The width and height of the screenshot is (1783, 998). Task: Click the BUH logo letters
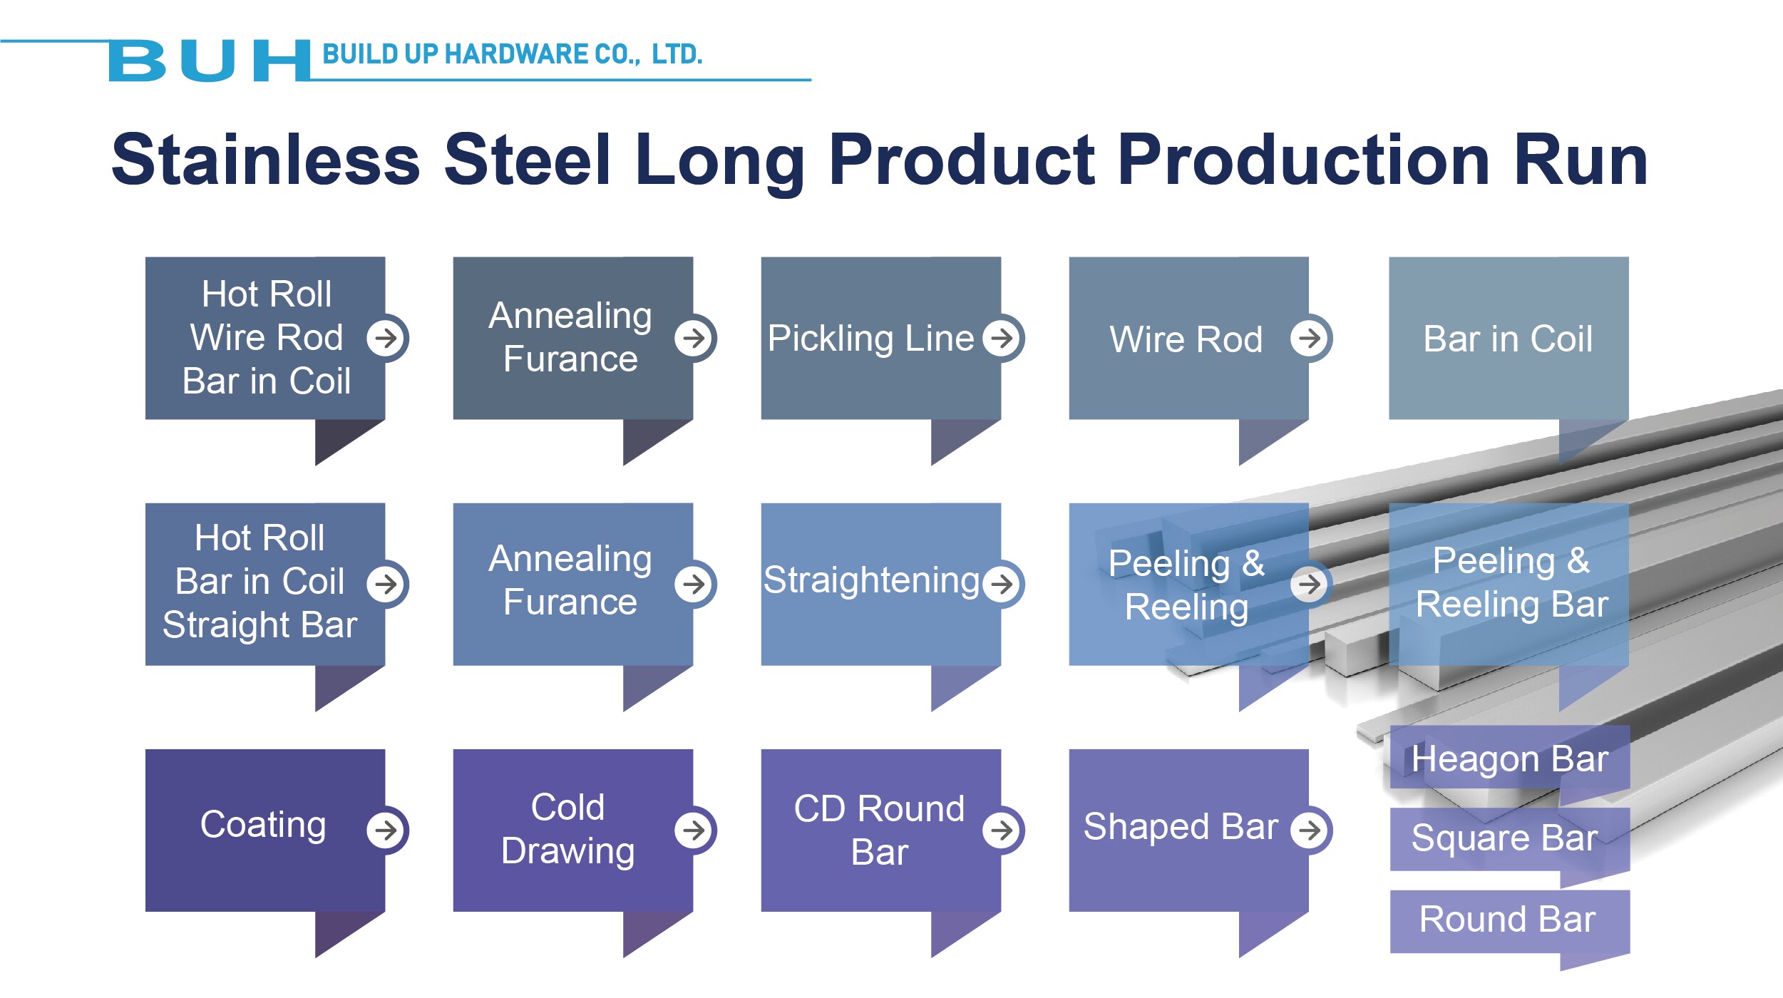point(209,61)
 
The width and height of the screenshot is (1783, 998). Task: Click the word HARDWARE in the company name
point(516,54)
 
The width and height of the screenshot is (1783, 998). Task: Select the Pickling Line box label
point(870,338)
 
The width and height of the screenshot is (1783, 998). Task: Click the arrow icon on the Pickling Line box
point(1002,338)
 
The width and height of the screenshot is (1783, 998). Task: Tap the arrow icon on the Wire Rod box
point(1310,338)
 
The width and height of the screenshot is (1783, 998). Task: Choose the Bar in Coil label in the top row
point(1508,339)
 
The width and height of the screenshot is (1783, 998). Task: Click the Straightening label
point(871,580)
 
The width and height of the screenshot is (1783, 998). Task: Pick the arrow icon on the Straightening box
point(1002,584)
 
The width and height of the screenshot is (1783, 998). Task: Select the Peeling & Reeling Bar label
point(1512,582)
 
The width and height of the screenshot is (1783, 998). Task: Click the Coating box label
point(263,825)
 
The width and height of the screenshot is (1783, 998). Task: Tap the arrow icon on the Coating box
point(386,830)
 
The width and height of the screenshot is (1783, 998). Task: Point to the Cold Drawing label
point(568,830)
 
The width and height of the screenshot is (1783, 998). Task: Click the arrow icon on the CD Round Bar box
point(1002,830)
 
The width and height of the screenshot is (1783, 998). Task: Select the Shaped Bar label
point(1181,827)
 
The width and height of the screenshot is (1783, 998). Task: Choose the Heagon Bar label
point(1510,759)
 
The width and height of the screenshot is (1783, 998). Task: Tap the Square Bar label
point(1504,838)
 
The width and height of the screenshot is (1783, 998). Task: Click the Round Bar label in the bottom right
point(1507,919)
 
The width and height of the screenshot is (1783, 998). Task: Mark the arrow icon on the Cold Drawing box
point(694,830)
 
